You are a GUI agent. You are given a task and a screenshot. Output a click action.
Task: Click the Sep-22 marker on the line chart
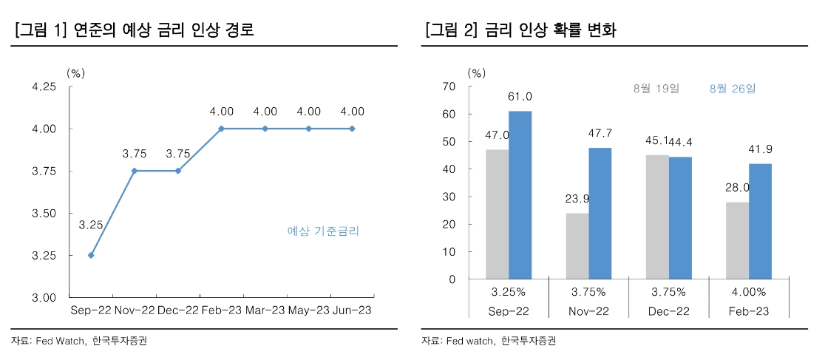coord(91,255)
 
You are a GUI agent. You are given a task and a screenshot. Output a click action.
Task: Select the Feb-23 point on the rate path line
coord(222,129)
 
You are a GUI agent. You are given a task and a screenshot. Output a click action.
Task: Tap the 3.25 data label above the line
coord(91,225)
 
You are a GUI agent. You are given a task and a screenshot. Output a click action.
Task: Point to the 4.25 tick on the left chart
coord(44,86)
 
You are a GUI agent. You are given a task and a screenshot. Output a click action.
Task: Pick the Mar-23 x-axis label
coord(265,310)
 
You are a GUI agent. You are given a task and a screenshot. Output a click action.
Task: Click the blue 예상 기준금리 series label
coord(323,231)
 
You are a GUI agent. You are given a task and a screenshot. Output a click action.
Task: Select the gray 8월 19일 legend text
coord(656,88)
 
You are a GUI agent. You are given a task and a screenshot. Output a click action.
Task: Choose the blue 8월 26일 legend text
coord(733,88)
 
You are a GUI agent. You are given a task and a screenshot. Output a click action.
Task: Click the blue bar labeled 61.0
coord(520,195)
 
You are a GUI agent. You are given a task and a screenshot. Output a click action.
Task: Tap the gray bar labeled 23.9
coord(577,246)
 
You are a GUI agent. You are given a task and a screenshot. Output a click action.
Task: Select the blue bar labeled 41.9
coord(760,221)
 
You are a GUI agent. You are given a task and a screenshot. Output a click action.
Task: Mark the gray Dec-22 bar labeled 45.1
coord(657,217)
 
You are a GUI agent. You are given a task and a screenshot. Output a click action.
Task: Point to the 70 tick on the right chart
coord(449,86)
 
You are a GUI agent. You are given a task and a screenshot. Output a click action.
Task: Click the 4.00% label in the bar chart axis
coord(749,291)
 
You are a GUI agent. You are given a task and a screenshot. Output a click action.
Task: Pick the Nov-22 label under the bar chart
coord(588,311)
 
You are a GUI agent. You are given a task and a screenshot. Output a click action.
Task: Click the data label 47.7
coord(600,134)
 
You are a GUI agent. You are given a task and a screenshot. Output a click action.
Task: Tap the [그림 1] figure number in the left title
coord(41,30)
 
